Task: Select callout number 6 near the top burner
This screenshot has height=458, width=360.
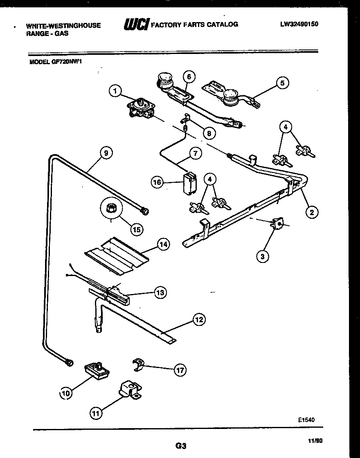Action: (x=189, y=76)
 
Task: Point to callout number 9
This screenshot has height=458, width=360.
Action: (x=106, y=153)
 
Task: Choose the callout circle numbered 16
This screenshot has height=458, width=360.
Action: (x=157, y=182)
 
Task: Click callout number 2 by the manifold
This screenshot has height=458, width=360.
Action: (x=312, y=212)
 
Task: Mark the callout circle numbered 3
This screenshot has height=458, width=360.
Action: (x=263, y=256)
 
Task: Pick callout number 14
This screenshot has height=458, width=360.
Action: (x=163, y=245)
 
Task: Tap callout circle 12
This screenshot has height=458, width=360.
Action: (x=199, y=320)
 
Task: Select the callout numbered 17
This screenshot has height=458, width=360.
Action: (x=179, y=370)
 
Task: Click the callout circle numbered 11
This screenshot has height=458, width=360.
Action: (x=96, y=413)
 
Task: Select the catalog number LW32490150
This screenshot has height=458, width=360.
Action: (x=299, y=24)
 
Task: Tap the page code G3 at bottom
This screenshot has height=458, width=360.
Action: (x=180, y=445)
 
